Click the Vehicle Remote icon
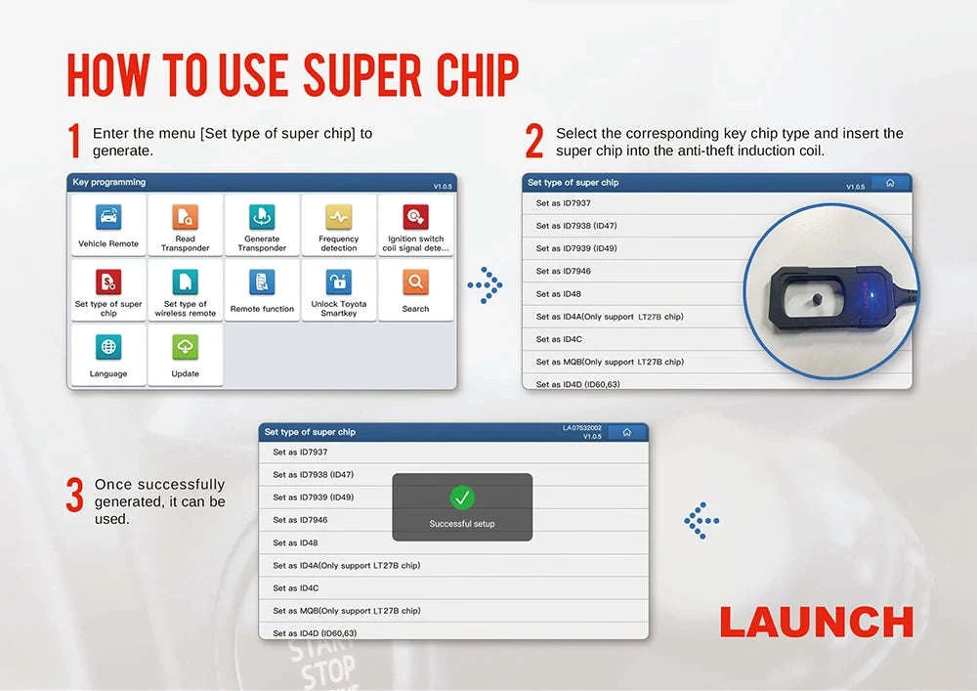[108, 217]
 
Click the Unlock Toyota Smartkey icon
[338, 282]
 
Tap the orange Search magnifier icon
[415, 282]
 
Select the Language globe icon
[108, 347]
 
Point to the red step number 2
[534, 143]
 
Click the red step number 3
[74, 496]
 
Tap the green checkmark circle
[462, 497]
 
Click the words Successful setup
[462, 524]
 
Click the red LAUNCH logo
[816, 622]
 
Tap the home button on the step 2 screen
[889, 183]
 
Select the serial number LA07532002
[581, 427]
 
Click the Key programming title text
[108, 183]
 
